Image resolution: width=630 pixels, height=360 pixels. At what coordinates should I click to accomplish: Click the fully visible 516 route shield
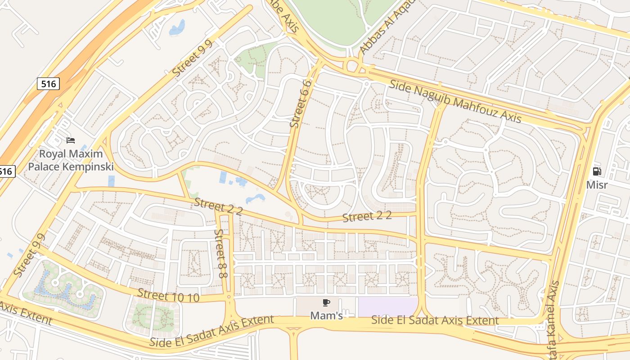pyautogui.click(x=48, y=83)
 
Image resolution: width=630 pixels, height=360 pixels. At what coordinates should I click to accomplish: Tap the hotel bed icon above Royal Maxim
pyautogui.click(x=70, y=140)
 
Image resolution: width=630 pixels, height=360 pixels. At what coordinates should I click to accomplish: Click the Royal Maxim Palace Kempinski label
pyautogui.click(x=70, y=160)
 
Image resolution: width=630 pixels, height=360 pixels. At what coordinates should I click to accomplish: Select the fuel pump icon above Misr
pyautogui.click(x=597, y=171)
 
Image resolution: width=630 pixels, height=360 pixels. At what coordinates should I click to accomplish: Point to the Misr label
pyautogui.click(x=597, y=185)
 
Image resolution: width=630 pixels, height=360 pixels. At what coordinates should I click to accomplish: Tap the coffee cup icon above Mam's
pyautogui.click(x=326, y=303)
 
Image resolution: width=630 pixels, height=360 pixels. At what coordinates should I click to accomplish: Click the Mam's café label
pyautogui.click(x=326, y=316)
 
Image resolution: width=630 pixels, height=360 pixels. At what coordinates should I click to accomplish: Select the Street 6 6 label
pyautogui.click(x=301, y=104)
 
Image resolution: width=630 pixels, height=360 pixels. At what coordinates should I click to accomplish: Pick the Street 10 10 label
pyautogui.click(x=168, y=295)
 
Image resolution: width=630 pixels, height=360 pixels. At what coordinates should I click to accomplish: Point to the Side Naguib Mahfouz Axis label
pyautogui.click(x=455, y=101)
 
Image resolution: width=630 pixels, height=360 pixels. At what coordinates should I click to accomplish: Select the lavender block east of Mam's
pyautogui.click(x=388, y=306)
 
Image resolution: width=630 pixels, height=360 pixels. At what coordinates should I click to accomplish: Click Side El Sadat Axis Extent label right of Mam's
pyautogui.click(x=435, y=320)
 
